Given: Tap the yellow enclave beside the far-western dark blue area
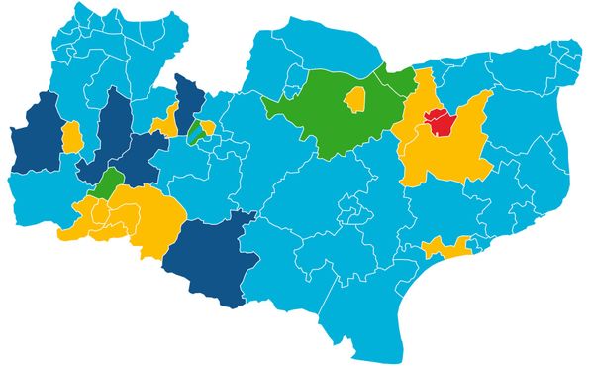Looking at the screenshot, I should point(71,137).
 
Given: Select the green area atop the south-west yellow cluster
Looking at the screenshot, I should point(108,182).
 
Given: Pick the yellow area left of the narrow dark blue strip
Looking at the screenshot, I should point(167,119).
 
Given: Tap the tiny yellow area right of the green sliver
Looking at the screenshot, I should point(207,127).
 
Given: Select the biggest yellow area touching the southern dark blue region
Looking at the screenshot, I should point(139,213).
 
